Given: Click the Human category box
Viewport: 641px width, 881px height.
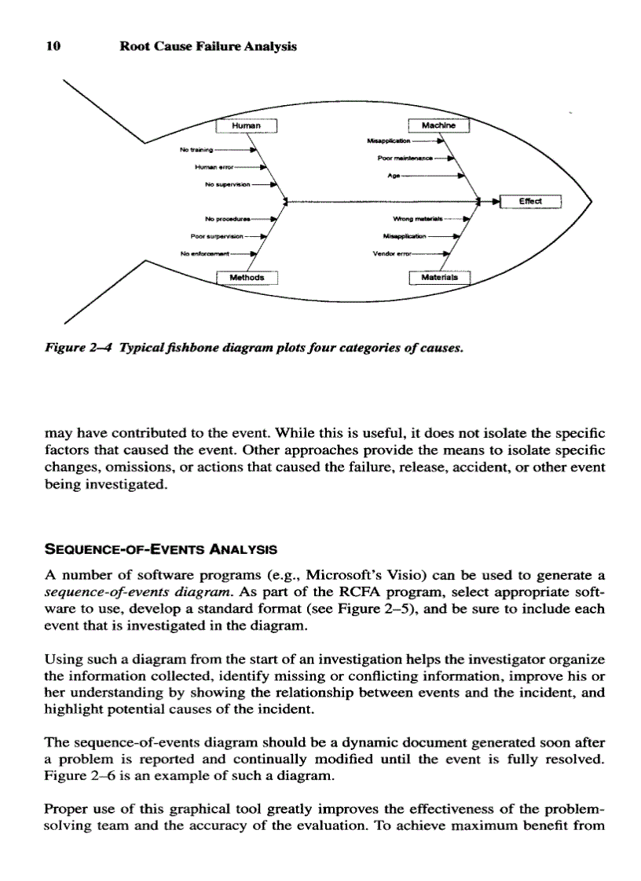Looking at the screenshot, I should pyautogui.click(x=247, y=125).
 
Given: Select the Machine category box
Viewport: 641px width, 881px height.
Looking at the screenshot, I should pyautogui.click(x=438, y=125).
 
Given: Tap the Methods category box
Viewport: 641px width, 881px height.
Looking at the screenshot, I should pyautogui.click(x=247, y=278).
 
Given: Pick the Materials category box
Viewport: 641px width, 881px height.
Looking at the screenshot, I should pyautogui.click(x=438, y=278).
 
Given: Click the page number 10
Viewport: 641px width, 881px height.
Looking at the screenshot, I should pyautogui.click(x=53, y=46).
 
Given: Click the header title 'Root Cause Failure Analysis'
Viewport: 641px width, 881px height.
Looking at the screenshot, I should pyautogui.click(x=207, y=46).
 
